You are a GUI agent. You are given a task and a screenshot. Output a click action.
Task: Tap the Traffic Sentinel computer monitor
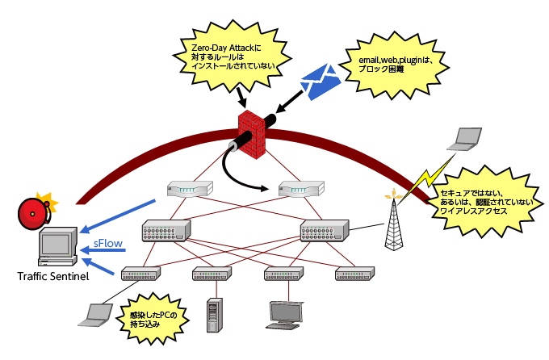coord(58,247)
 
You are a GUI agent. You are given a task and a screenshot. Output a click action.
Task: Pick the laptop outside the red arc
coord(466,140)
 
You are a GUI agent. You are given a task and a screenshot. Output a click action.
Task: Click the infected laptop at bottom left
coord(96,314)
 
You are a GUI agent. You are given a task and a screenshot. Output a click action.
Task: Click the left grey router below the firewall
coord(189,189)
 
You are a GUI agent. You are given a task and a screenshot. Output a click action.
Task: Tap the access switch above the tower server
coord(213,274)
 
